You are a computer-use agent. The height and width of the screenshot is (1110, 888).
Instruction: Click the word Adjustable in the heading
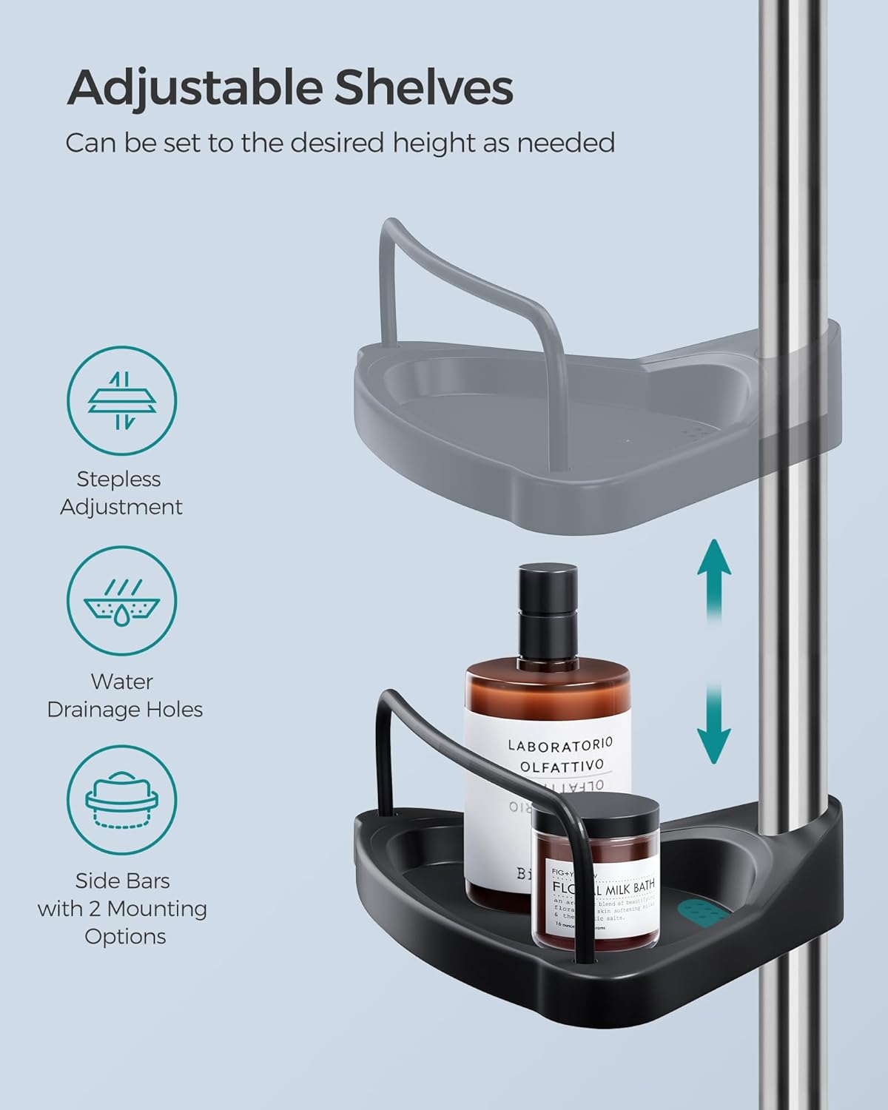pyautogui.click(x=194, y=89)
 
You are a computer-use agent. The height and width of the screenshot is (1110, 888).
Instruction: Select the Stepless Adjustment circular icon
pyautogui.click(x=122, y=401)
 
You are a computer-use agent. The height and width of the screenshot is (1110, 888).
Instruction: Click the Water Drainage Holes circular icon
pyautogui.click(x=122, y=602)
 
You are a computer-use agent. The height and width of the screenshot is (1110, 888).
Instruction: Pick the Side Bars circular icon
pyautogui.click(x=122, y=800)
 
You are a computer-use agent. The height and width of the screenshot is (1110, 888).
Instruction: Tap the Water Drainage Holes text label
pyautogui.click(x=124, y=695)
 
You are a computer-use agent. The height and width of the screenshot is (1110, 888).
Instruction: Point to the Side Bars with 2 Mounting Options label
pyautogui.click(x=123, y=908)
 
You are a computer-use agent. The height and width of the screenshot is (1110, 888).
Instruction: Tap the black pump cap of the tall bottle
pyautogui.click(x=548, y=614)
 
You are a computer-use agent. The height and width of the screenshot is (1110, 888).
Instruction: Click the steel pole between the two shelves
pyautogui.click(x=784, y=629)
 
